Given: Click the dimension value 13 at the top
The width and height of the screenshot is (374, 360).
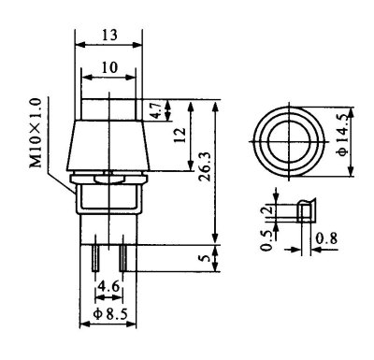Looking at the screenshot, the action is coord(109,35).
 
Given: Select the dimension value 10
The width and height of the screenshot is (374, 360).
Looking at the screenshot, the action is coord(109,67).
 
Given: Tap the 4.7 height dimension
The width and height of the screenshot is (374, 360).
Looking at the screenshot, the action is coord(157,110).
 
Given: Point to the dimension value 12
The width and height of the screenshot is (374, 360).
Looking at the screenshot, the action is coord(180,135).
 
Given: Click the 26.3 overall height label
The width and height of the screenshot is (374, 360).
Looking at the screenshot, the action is coord(206,166).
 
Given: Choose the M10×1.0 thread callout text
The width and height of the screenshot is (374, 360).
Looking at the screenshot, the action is coord(36,133).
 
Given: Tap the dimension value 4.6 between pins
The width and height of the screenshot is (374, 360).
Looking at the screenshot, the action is coord(108,286).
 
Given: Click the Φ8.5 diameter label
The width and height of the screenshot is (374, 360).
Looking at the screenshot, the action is coord(110,314).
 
